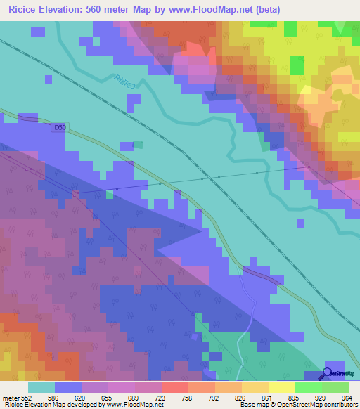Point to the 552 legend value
point(26,397)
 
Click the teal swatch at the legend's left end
point(41,387)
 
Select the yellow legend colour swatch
point(282,387)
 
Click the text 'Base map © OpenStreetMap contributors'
point(298,405)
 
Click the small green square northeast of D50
point(139,145)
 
